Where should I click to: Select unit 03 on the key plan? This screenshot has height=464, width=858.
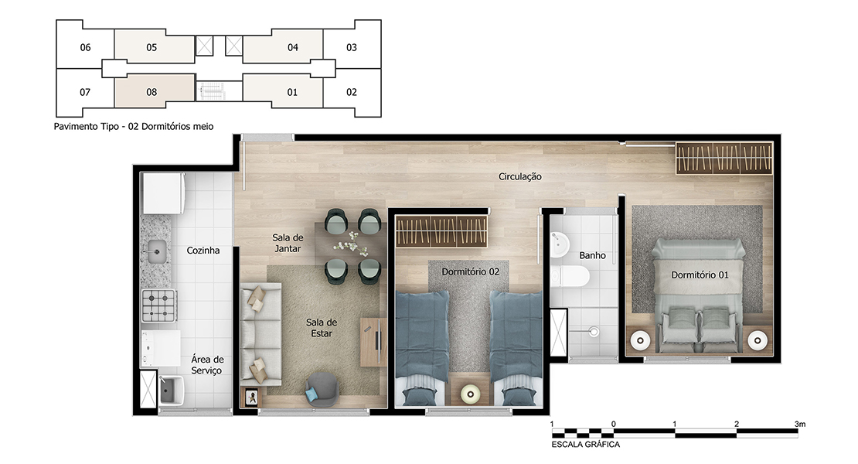point(352,48)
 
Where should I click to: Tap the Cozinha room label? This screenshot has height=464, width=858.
point(203,251)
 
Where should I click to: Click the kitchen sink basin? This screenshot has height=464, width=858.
point(156,251)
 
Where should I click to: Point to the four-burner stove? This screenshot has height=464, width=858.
point(158,305)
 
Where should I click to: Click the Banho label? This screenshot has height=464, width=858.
point(593,255)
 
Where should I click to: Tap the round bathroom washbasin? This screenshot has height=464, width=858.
point(560,244)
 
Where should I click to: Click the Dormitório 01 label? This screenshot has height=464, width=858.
point(700,275)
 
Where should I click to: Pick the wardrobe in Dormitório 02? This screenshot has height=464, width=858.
point(441,231)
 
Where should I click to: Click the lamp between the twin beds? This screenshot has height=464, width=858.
point(470,394)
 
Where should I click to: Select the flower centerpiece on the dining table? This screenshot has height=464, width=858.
point(351,244)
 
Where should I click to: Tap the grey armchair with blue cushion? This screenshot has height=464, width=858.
point(322,389)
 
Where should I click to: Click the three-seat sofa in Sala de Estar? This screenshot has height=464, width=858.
point(260,334)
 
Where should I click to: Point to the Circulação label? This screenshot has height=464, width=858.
point(520,177)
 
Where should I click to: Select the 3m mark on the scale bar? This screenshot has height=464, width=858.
point(800,424)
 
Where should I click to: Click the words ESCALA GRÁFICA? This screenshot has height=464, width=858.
point(585,445)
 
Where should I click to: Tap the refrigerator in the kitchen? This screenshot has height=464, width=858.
point(163,193)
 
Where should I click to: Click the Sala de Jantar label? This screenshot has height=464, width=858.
point(288,243)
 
